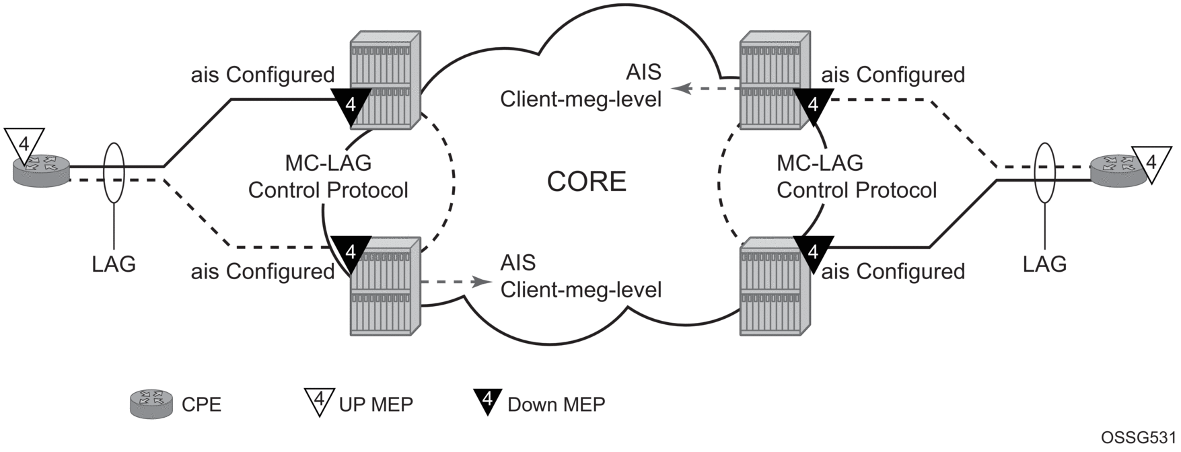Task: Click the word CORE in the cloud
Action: pos(586,182)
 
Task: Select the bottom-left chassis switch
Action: pos(385,287)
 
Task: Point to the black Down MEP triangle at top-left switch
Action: pos(351,106)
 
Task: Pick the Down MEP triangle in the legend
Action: pos(489,401)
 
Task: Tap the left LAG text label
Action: pos(114,264)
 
